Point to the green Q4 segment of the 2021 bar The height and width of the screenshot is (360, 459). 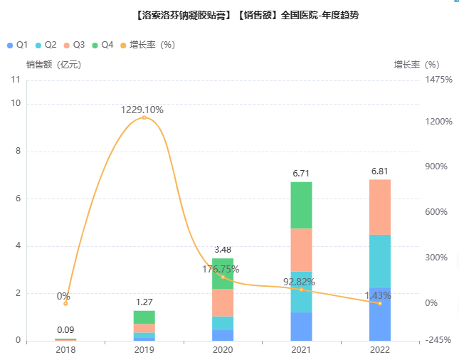pos(302,205)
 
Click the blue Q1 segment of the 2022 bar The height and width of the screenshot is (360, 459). pos(380,313)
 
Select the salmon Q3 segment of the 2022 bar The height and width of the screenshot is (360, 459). pos(380,207)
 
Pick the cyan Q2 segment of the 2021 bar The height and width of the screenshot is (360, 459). pos(302,292)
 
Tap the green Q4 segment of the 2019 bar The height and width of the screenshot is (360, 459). pos(144,317)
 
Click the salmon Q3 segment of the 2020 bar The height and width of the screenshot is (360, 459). pos(223,302)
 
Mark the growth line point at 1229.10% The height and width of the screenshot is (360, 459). pos(144,117)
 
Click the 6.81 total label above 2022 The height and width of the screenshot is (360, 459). pos(380,171)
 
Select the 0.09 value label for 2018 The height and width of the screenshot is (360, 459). pos(65,329)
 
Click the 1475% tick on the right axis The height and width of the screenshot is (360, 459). pos(439,80)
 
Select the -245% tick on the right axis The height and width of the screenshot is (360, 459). pos(438,341)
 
